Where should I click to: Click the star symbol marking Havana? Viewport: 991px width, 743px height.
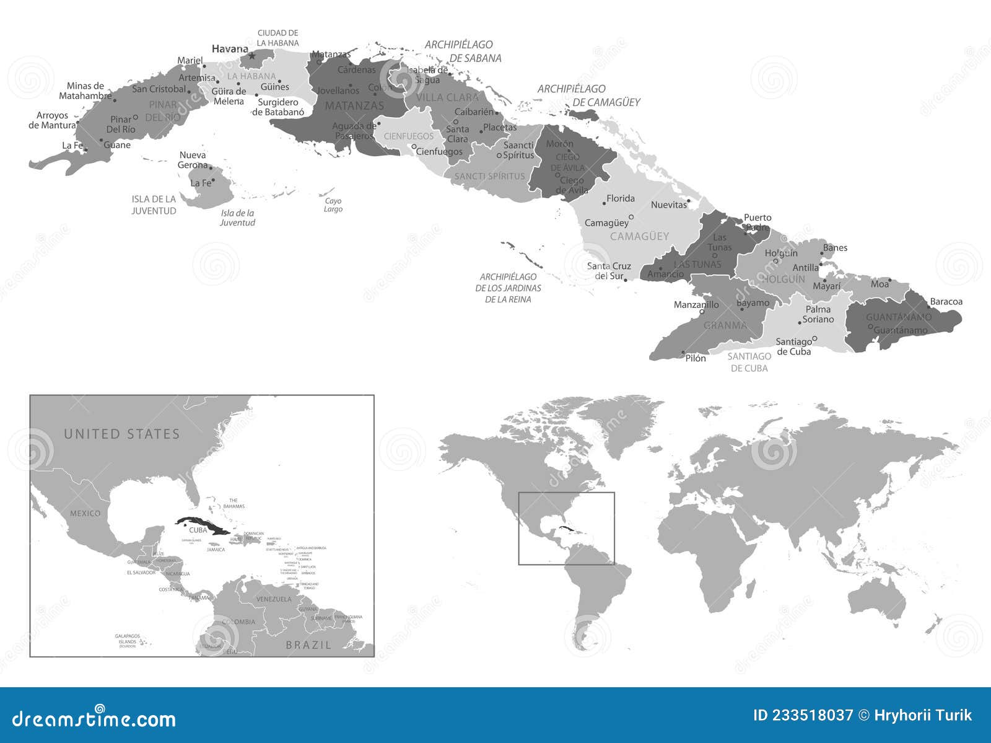[251, 56]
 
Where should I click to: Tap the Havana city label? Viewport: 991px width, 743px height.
[230, 48]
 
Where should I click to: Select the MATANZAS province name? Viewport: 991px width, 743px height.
[354, 105]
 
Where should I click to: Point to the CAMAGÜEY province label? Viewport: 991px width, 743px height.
[639, 236]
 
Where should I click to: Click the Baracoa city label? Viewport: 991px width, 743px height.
[946, 302]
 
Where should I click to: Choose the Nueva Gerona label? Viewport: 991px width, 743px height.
[193, 160]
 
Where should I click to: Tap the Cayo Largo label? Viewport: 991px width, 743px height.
[333, 205]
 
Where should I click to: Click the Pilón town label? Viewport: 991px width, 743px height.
[696, 358]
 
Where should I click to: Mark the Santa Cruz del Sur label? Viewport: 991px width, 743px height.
[609, 271]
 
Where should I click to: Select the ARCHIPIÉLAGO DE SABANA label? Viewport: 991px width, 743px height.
[463, 51]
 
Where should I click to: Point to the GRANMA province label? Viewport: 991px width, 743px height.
[725, 325]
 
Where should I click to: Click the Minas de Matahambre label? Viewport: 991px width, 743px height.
[85, 91]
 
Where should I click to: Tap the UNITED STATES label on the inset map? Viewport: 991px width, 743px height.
[121, 434]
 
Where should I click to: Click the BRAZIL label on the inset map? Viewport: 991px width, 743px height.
[308, 645]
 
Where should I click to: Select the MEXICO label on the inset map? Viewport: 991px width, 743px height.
[85, 513]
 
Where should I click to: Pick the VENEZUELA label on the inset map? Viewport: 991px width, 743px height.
[274, 599]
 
